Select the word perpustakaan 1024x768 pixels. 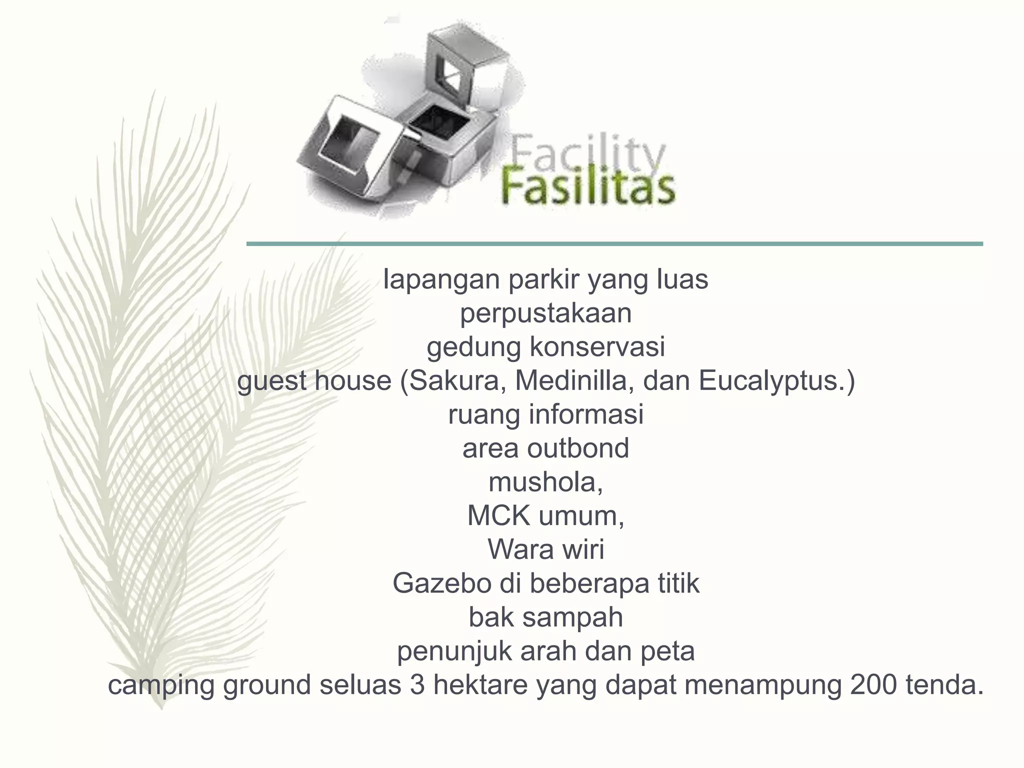[545, 314]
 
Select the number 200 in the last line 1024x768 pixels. [872, 685]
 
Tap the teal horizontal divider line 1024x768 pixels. [614, 244]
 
